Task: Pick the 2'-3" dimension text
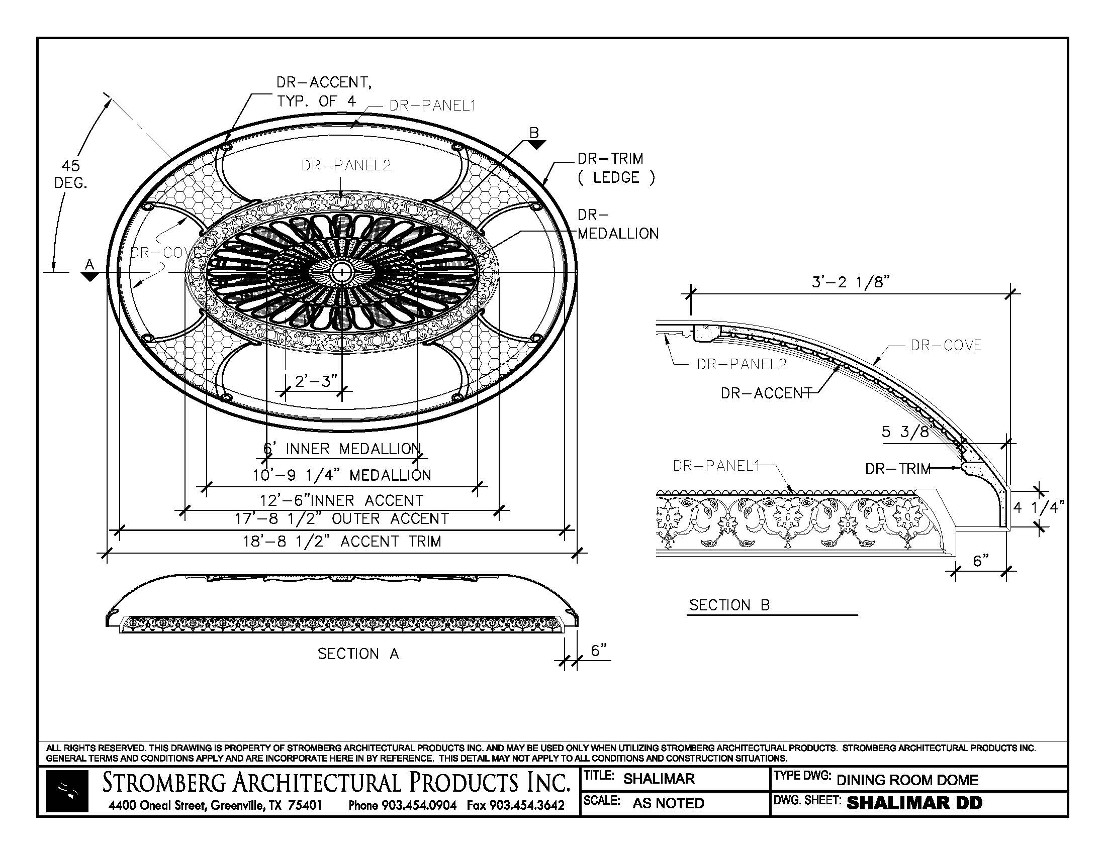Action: point(316,380)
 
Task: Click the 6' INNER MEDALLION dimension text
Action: point(342,449)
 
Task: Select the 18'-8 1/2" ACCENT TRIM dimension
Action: point(342,542)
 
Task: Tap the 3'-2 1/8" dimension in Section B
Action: point(851,282)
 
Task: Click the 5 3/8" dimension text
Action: point(907,432)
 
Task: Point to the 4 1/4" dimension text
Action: point(1038,507)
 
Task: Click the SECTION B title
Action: point(730,605)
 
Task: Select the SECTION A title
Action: point(358,654)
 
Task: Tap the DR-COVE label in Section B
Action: point(946,346)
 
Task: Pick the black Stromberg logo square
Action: point(67,791)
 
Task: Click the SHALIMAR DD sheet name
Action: point(914,803)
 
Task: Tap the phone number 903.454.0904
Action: point(419,805)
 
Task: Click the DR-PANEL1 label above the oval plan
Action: point(432,105)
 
